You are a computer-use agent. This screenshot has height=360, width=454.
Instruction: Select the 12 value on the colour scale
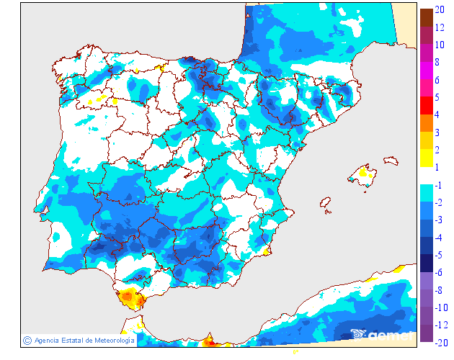tap(440, 27)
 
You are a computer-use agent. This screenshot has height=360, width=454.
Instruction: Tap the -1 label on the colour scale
tap(439, 185)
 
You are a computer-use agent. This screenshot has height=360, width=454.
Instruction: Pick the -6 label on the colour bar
tap(440, 272)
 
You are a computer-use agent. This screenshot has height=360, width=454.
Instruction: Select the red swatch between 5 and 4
tap(426, 105)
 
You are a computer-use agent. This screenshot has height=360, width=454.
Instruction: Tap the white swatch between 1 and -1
tap(426, 176)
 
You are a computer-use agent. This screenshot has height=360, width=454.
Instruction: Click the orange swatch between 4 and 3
tap(426, 123)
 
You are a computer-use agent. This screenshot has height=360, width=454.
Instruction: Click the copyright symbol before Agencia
tap(27, 340)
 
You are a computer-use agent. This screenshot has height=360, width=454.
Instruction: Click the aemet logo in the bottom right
tap(382, 334)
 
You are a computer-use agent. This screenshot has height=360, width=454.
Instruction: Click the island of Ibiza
tap(326, 204)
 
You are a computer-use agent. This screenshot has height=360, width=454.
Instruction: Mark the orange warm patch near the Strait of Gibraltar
tap(130, 296)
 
